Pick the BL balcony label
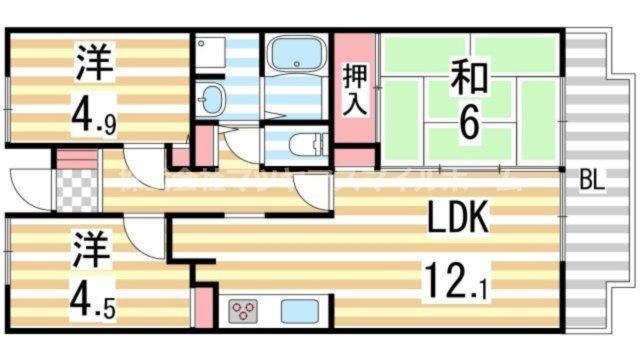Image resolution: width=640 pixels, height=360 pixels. (592, 184)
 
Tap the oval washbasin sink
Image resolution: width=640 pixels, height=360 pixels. (211, 99)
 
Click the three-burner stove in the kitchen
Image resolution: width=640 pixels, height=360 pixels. (244, 311)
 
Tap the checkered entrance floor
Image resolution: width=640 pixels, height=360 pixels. (74, 190)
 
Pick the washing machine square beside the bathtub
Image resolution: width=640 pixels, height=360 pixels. (212, 53)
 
